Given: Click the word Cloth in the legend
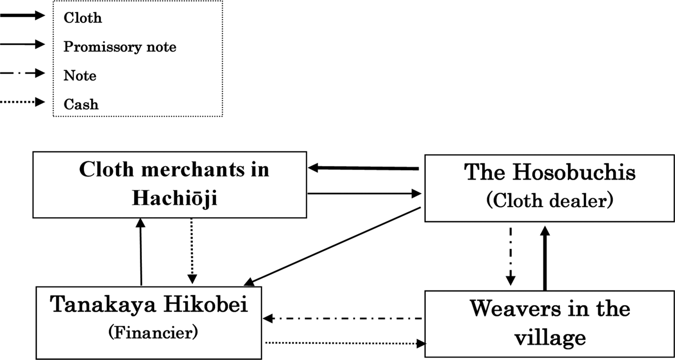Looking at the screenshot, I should point(82,18).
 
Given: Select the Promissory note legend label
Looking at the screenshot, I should point(120,47).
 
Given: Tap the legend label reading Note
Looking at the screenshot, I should point(80,76).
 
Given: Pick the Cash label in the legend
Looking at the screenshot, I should point(81,104).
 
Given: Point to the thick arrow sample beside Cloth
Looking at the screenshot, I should point(24,16).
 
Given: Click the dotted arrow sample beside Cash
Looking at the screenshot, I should point(24,103).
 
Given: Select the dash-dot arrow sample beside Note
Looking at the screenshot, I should point(24,74).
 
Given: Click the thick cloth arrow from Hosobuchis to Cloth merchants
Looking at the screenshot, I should point(364,168).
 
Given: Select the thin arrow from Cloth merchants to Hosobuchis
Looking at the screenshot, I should point(364,194).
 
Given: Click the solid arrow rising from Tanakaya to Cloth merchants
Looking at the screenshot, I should point(141,252).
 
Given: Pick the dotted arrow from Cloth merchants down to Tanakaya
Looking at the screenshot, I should point(192,251).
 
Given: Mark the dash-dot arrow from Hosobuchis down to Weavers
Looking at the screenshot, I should point(511,255).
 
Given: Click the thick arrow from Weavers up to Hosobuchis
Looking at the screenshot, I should point(545,258).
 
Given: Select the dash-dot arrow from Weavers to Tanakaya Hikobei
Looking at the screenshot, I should point(343,319).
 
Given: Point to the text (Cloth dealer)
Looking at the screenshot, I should point(549,200).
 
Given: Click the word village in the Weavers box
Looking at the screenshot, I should point(549,338).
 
